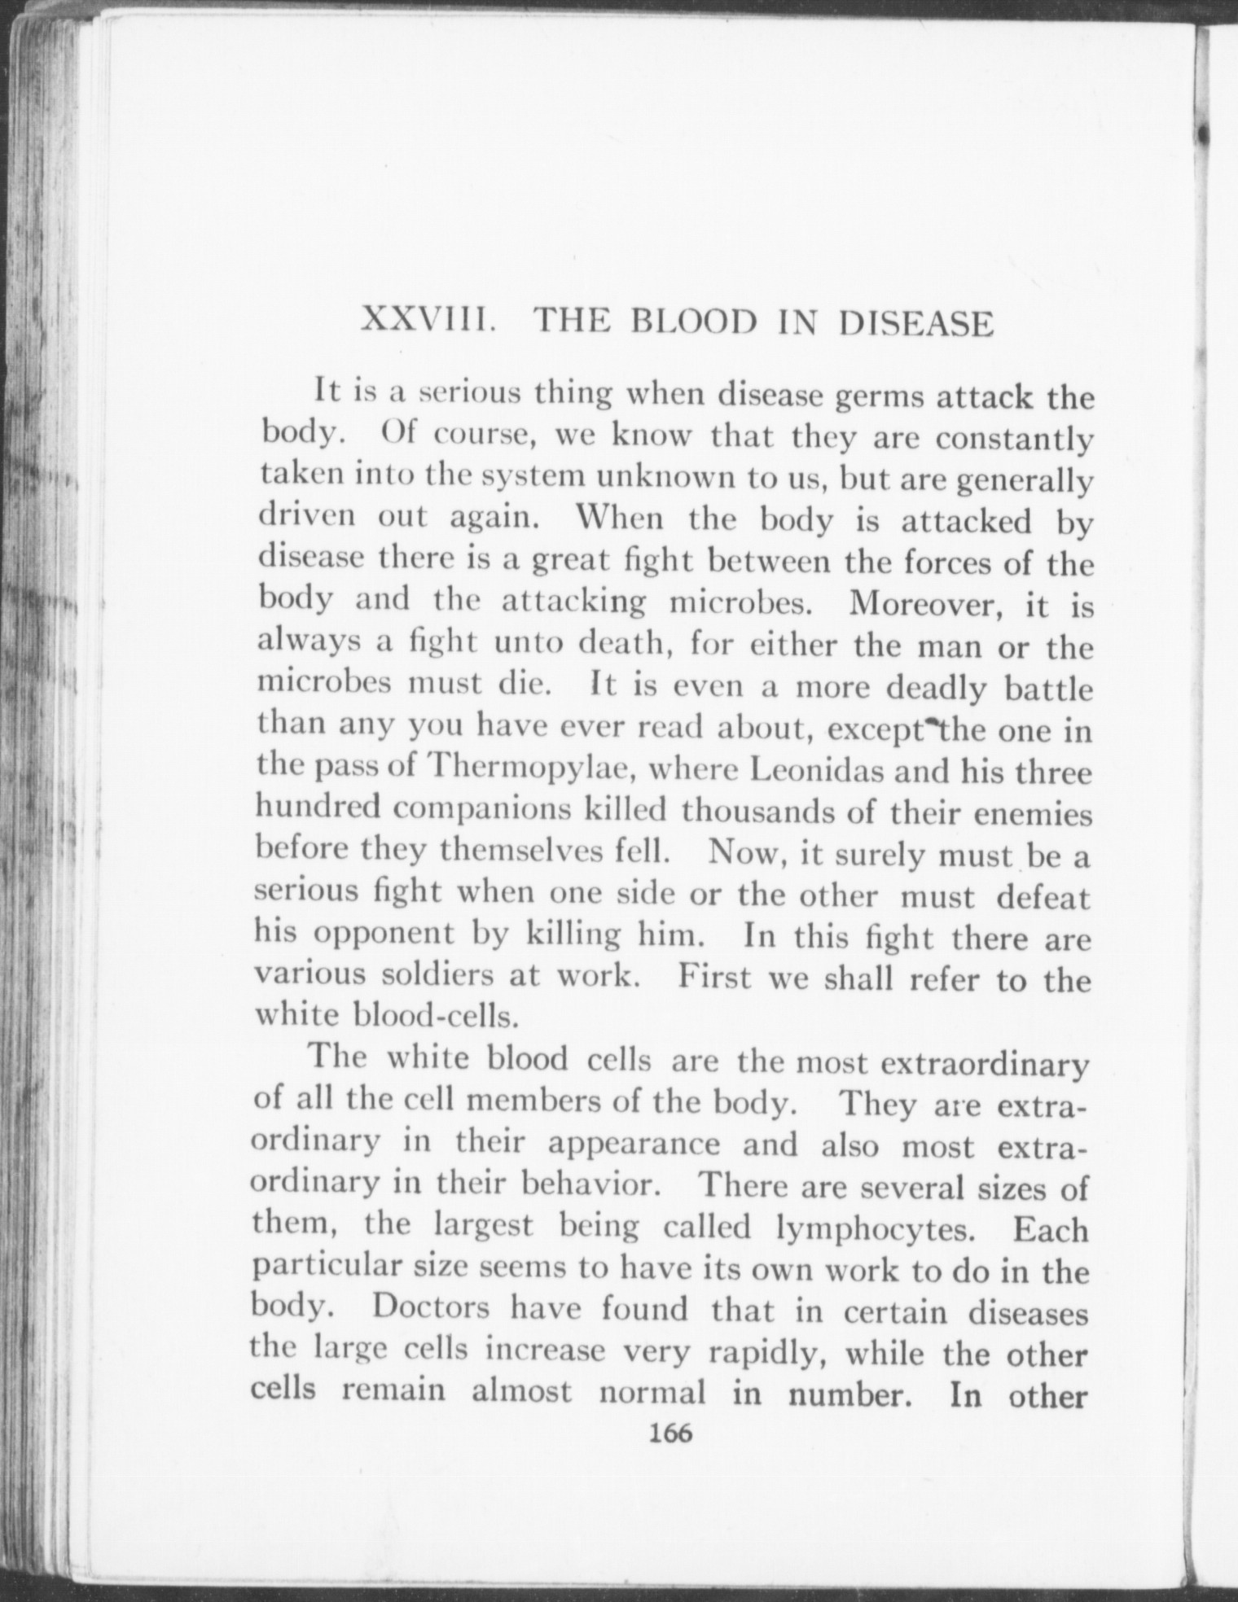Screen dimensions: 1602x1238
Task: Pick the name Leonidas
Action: (x=816, y=769)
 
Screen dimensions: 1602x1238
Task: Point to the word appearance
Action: (x=634, y=1143)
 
